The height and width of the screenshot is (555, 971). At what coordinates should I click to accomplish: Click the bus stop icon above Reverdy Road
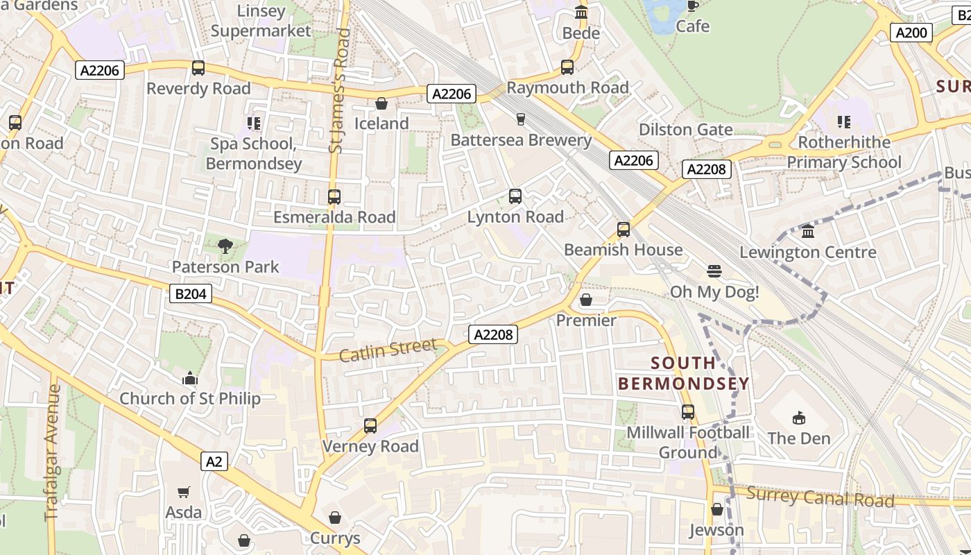(x=198, y=68)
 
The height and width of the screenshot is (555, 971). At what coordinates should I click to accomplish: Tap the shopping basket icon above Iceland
(x=381, y=104)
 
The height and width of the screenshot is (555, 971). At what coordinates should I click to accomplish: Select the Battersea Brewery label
(x=521, y=140)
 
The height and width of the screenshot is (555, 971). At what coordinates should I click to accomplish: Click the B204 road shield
(x=191, y=294)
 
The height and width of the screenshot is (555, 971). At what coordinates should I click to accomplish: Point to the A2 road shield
(x=214, y=461)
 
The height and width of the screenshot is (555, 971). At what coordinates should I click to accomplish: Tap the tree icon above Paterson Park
(x=225, y=246)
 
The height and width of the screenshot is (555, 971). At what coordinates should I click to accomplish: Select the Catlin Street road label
(x=388, y=350)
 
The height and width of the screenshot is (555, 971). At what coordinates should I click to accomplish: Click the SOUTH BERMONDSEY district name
(x=684, y=373)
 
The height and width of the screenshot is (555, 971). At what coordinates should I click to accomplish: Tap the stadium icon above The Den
(x=799, y=418)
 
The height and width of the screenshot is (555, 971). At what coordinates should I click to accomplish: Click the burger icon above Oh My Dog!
(x=714, y=271)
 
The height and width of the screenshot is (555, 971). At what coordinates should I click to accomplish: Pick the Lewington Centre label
(x=808, y=252)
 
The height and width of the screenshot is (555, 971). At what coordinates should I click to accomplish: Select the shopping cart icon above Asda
(x=184, y=493)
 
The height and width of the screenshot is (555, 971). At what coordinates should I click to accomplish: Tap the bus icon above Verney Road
(x=370, y=426)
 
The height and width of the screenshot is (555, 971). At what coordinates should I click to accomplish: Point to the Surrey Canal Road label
(x=820, y=497)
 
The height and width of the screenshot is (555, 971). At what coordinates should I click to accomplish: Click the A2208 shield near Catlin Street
(x=493, y=335)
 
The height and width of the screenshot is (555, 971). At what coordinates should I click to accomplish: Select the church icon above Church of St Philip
(x=190, y=379)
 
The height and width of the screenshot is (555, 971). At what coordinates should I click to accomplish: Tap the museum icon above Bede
(x=581, y=12)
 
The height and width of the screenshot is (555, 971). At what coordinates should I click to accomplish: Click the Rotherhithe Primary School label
(x=843, y=152)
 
